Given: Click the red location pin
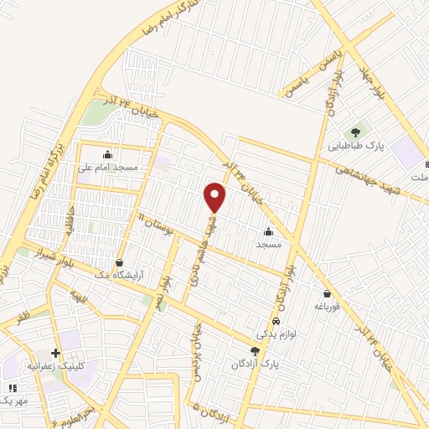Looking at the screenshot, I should point(215,197).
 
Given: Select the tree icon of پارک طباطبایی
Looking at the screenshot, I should point(356,132).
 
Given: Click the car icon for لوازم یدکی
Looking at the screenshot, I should point(276,322).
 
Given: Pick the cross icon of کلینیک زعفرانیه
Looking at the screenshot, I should point(55,354).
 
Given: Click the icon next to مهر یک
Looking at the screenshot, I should point(12,388).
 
